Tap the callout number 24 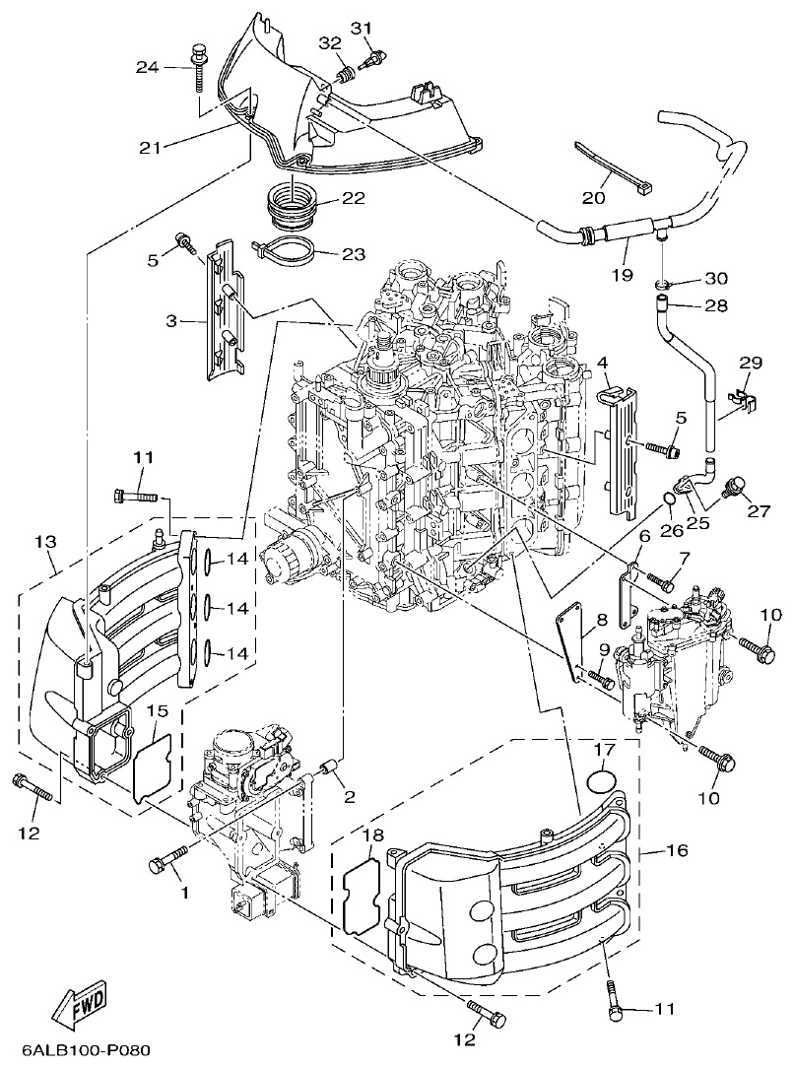click(x=147, y=66)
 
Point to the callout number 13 click(x=46, y=541)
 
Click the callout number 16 click(x=677, y=849)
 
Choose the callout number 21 click(x=149, y=147)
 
